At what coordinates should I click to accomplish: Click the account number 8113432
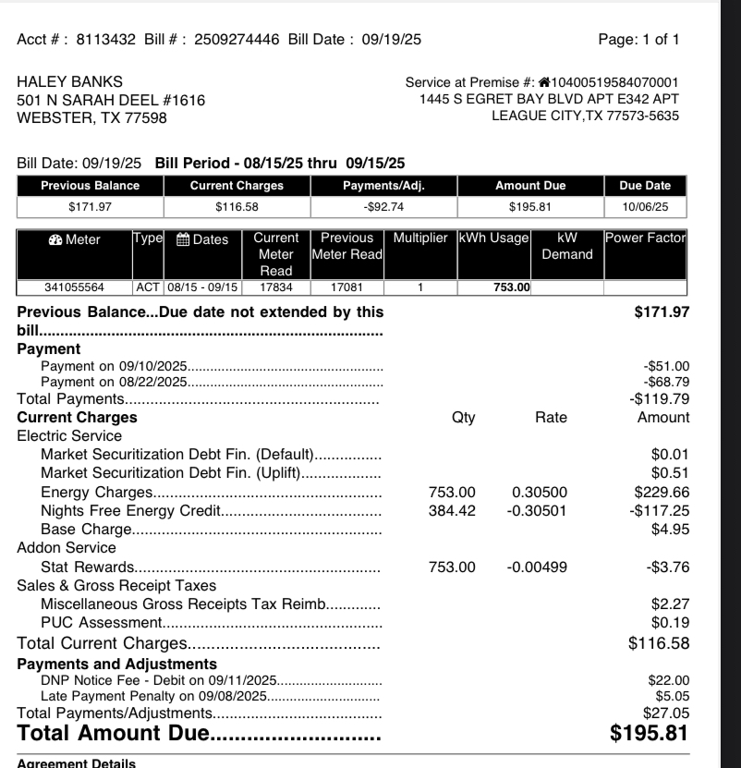pyautogui.click(x=106, y=40)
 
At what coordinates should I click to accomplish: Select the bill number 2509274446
pyautogui.click(x=237, y=40)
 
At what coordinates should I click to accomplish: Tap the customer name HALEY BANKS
pyautogui.click(x=70, y=81)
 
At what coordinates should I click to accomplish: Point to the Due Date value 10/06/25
pyautogui.click(x=647, y=206)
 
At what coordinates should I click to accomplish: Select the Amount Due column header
pyautogui.click(x=530, y=186)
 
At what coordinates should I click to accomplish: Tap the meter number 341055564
pyautogui.click(x=75, y=287)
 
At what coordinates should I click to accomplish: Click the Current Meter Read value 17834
pyautogui.click(x=276, y=287)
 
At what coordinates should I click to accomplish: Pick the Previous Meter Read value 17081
pyautogui.click(x=346, y=287)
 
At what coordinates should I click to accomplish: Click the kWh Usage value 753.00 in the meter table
pyautogui.click(x=511, y=287)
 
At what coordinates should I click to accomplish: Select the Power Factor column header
pyautogui.click(x=646, y=238)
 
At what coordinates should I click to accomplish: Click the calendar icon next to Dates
pyautogui.click(x=183, y=240)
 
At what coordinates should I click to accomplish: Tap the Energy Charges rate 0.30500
pyautogui.click(x=540, y=493)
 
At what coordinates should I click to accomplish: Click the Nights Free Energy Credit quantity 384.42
pyautogui.click(x=452, y=511)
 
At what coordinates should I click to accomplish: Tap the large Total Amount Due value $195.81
pyautogui.click(x=650, y=734)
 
